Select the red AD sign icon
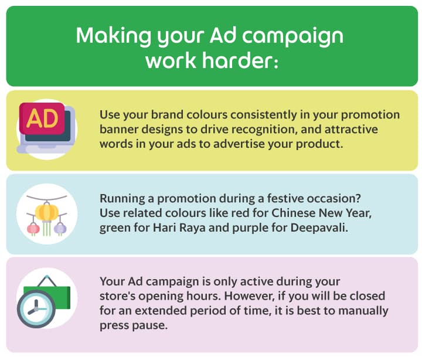click(x=42, y=118)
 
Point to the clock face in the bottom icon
click(x=36, y=308)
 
